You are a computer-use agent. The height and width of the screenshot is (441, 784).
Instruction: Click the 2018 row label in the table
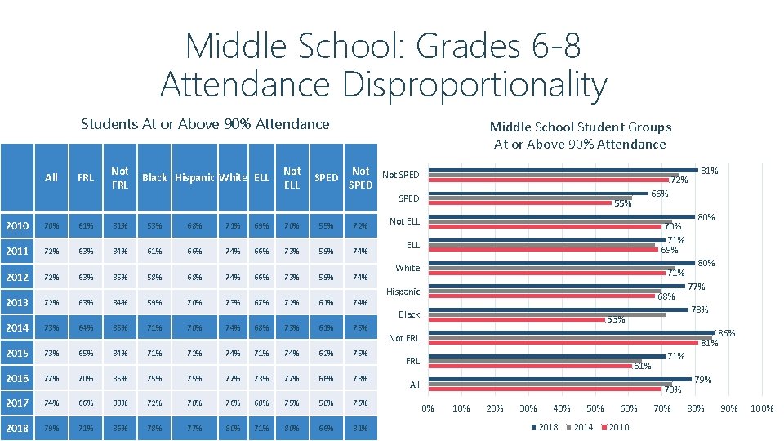tap(16, 429)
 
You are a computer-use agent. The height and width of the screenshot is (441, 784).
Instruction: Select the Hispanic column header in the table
tap(194, 177)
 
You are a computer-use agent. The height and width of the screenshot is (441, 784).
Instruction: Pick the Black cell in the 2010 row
tap(154, 225)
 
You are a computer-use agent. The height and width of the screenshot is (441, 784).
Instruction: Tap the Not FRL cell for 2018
tap(120, 429)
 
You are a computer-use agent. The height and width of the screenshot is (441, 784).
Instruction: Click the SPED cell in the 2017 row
tap(326, 403)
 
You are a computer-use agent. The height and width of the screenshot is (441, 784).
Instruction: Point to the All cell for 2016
tap(51, 378)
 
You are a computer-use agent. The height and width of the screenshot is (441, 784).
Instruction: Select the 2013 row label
tap(16, 302)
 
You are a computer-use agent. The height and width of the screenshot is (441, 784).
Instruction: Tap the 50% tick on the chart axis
tap(595, 408)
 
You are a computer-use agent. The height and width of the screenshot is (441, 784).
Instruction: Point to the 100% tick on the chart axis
tap(761, 408)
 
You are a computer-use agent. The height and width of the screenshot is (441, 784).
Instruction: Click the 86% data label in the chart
tap(726, 333)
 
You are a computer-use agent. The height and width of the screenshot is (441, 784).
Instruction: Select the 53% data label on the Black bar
tap(615, 319)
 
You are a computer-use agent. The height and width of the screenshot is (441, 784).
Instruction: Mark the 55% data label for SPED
tap(622, 204)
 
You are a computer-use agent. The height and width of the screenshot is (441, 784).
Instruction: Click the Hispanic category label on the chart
tap(403, 292)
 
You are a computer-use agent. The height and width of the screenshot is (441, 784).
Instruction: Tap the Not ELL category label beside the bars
tap(404, 221)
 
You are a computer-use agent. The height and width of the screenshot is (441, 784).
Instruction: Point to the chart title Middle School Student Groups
tap(580, 127)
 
